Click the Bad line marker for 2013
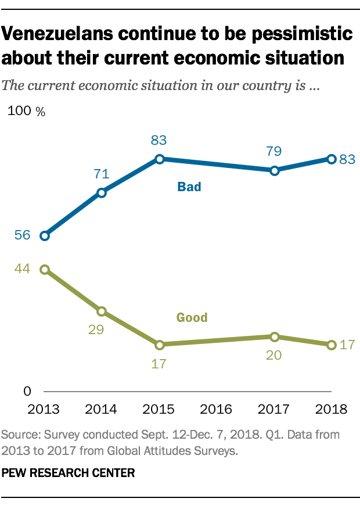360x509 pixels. tap(44, 235)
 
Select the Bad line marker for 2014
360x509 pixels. tap(102, 193)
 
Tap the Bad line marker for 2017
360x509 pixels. tap(274, 170)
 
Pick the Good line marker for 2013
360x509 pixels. tap(44, 269)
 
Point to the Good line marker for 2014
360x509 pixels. tap(102, 311)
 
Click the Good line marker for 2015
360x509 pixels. tap(159, 345)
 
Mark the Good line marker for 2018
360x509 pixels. tap(332, 345)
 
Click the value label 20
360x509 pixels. tap(273, 355)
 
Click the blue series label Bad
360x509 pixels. tap(189, 187)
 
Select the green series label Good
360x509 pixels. tap(192, 317)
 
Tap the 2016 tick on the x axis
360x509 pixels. tap(217, 408)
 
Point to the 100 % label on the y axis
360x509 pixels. tap(26, 112)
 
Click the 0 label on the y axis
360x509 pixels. tap(27, 392)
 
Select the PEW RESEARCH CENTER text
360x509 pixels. tap(69, 474)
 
